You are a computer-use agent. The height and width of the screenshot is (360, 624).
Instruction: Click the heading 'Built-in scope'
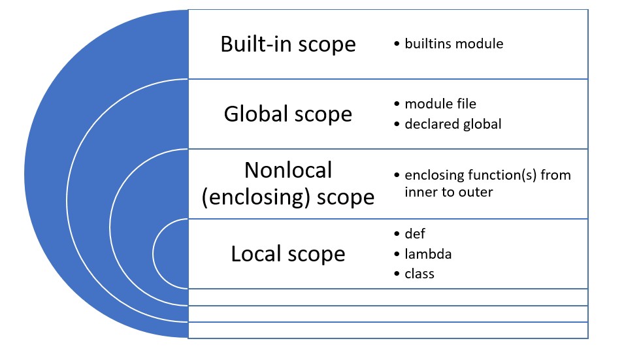(x=288, y=44)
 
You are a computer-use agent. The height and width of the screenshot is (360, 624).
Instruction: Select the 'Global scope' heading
(x=288, y=114)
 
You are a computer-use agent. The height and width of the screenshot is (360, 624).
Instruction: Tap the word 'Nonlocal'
(x=288, y=171)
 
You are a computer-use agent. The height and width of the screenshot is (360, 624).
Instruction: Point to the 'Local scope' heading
(x=288, y=254)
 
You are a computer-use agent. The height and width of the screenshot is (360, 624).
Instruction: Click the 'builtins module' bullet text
(x=453, y=44)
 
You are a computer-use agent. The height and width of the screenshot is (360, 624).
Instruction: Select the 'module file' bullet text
(x=440, y=104)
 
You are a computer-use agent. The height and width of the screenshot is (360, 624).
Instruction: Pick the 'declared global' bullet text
(x=453, y=124)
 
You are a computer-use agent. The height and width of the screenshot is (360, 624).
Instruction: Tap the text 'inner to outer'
(x=448, y=192)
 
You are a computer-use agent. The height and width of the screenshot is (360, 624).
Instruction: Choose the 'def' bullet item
(x=415, y=233)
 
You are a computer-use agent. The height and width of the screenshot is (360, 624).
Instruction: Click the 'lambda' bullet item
(x=428, y=254)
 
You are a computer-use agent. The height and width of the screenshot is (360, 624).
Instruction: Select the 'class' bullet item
(x=419, y=274)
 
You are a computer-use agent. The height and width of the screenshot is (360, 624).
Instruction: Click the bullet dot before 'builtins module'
(x=397, y=44)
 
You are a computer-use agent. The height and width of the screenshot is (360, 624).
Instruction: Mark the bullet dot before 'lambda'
(x=397, y=254)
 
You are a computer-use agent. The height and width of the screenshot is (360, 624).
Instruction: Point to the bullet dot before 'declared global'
(x=397, y=124)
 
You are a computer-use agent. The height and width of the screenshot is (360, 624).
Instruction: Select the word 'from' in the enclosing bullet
(x=555, y=175)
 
